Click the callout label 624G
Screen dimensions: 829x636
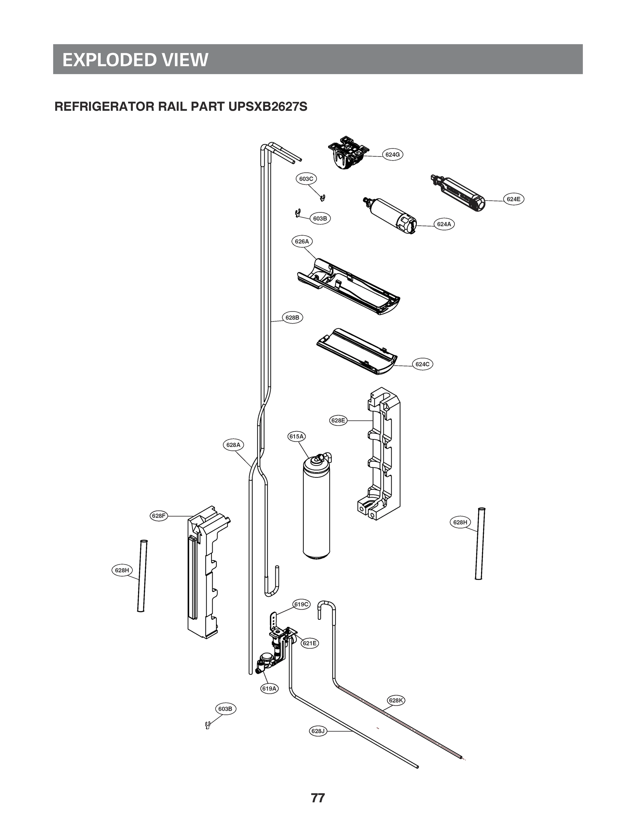(392, 155)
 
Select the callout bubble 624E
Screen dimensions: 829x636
(513, 199)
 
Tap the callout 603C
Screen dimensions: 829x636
(306, 179)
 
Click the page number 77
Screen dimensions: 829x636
(317, 798)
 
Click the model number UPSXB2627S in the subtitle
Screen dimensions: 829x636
(268, 107)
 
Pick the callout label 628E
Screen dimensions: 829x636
(338, 420)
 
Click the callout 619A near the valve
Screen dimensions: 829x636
(269, 688)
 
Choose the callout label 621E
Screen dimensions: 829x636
(310, 643)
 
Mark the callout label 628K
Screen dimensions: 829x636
(396, 700)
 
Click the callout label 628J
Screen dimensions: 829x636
(317, 731)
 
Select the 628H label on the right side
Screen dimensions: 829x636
(460, 522)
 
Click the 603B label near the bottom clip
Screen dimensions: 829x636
(225, 708)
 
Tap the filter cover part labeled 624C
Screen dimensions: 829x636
(356, 352)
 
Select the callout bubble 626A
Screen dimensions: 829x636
(302, 241)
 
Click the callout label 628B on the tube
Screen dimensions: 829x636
(292, 317)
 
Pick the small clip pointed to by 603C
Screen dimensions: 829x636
(323, 198)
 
